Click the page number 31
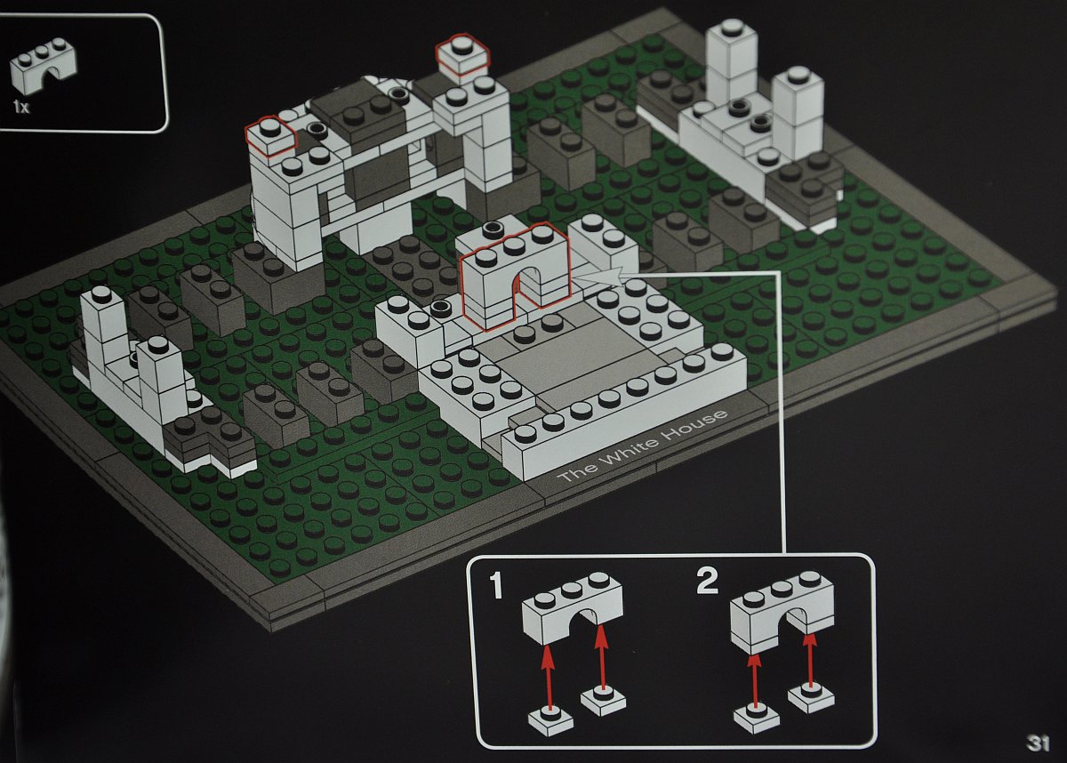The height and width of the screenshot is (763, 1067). pyautogui.click(x=1039, y=743)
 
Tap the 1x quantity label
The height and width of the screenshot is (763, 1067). pyautogui.click(x=21, y=108)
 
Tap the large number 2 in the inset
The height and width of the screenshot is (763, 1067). pyautogui.click(x=707, y=582)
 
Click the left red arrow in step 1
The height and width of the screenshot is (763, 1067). pyautogui.click(x=549, y=678)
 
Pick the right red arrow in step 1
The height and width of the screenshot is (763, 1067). pyautogui.click(x=602, y=656)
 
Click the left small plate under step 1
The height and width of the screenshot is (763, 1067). pyautogui.click(x=550, y=724)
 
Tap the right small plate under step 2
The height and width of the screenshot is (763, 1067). pyautogui.click(x=811, y=698)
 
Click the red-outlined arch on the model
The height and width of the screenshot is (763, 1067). pyautogui.click(x=516, y=277)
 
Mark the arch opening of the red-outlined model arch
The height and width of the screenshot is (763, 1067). pyautogui.click(x=528, y=291)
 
